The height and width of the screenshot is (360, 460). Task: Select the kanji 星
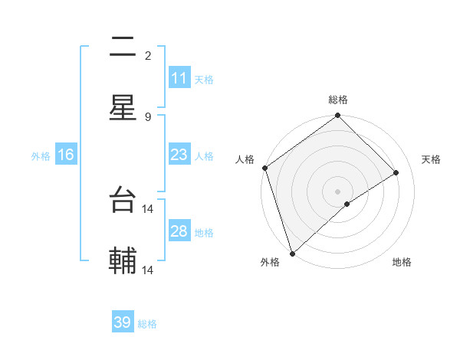click(123, 108)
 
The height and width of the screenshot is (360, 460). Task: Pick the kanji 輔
click(123, 262)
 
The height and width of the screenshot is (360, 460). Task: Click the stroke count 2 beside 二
click(148, 55)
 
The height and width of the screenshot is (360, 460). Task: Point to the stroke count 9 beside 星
click(148, 116)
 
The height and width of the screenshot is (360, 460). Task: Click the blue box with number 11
click(179, 78)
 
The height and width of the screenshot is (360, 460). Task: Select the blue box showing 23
click(179, 155)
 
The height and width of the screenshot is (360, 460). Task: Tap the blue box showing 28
click(179, 231)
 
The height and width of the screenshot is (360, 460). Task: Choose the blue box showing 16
click(66, 155)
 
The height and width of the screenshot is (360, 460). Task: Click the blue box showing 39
click(123, 322)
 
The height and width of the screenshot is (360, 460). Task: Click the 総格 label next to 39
click(147, 324)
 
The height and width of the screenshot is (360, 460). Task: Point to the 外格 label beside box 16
click(41, 155)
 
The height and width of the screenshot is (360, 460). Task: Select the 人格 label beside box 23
click(204, 155)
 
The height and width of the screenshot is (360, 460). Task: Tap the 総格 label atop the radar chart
click(338, 100)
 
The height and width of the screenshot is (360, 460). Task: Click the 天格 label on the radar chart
click(432, 159)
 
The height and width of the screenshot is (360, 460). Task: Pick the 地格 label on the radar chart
click(402, 262)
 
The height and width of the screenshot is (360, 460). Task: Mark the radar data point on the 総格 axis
click(338, 116)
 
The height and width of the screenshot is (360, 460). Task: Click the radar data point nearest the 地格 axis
click(347, 204)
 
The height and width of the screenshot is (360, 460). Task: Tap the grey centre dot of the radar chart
click(338, 191)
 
